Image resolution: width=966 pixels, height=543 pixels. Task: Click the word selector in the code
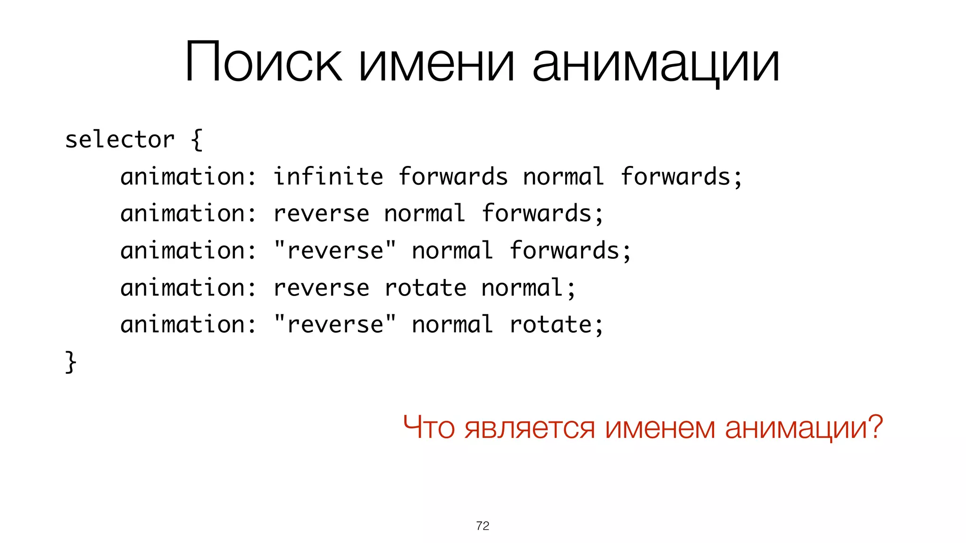[x=120, y=140]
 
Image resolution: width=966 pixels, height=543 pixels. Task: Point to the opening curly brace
[x=197, y=140]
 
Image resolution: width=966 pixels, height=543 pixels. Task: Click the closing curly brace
[x=70, y=362]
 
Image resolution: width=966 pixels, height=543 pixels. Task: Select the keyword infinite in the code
[x=328, y=177]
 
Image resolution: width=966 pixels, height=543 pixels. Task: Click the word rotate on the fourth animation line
[x=425, y=288]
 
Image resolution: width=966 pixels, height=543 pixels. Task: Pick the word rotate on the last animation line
[x=550, y=324]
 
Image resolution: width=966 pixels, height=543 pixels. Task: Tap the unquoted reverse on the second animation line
[x=321, y=214]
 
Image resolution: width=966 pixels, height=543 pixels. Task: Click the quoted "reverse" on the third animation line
[x=335, y=250]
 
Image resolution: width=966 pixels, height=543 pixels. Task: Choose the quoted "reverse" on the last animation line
[x=335, y=324]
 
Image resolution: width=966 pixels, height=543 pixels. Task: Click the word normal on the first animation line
[x=564, y=177]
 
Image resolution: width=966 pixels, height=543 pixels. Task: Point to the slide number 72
[x=483, y=526]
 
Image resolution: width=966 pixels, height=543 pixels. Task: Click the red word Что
[x=429, y=427]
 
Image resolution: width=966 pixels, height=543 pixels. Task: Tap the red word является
[x=529, y=428]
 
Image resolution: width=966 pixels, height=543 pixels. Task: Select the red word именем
[x=660, y=428]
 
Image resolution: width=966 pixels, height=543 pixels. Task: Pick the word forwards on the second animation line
[x=536, y=214]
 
